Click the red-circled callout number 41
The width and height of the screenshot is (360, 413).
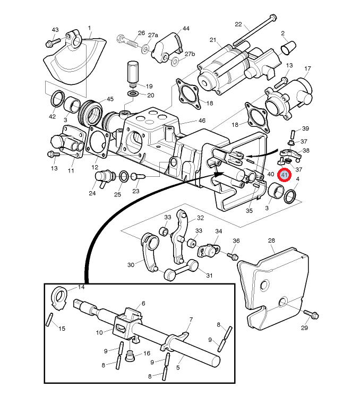pos(285,175)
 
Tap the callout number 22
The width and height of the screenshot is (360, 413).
pos(238,24)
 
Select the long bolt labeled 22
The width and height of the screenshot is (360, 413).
pos(254,30)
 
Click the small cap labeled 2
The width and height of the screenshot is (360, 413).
pos(288,47)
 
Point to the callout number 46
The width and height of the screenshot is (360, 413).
pos(202,121)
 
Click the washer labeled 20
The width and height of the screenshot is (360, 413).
pos(134,93)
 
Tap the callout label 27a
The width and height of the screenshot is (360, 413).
pos(153,35)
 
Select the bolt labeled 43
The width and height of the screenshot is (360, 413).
pos(53,42)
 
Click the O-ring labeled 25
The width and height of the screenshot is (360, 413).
pos(124,176)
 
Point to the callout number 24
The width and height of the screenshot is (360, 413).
pos(92,193)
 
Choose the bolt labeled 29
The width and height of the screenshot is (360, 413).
pos(311,314)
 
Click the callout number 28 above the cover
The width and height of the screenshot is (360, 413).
pos(271,240)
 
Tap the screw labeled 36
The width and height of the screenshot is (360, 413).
pos(233,256)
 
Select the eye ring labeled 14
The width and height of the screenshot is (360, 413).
pos(59,298)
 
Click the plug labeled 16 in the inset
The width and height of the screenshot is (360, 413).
pos(130,356)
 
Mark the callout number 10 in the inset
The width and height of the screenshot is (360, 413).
pos(99,333)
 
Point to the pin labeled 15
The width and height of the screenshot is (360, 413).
pos(49,319)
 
